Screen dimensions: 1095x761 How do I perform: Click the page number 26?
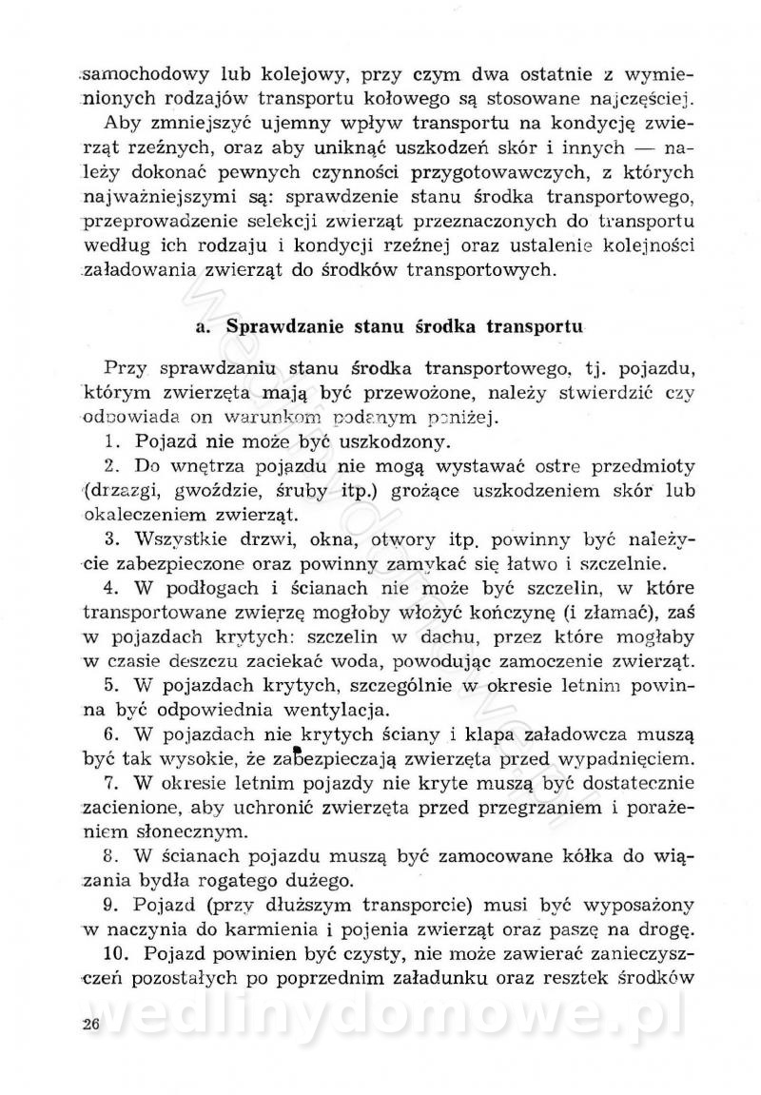pyautogui.click(x=91, y=1024)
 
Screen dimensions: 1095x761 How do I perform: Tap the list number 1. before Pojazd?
pyautogui.click(x=111, y=441)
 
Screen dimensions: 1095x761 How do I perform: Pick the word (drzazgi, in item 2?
pyautogui.click(x=122, y=491)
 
